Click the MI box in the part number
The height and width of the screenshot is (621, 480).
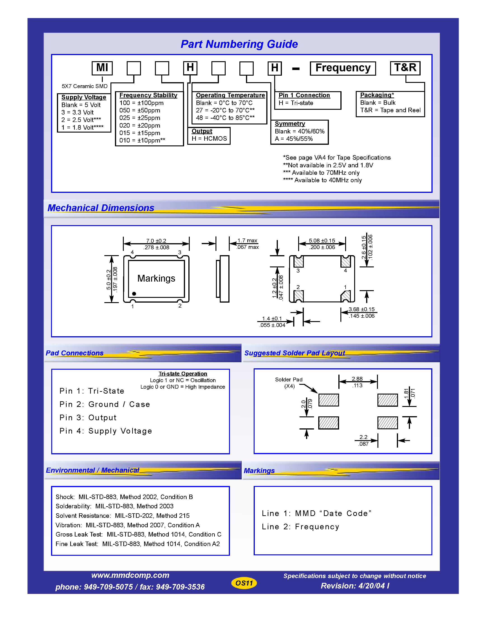point(102,68)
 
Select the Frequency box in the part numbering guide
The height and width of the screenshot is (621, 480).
point(343,68)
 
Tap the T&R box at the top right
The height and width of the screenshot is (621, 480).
point(405,68)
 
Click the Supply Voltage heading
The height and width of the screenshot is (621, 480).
point(84,97)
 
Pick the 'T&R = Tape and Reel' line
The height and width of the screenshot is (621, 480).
point(390,110)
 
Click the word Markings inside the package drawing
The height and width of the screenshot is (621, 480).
point(156,278)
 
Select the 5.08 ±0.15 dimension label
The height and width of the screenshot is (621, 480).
point(322,240)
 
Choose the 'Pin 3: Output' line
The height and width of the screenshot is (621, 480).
point(88,418)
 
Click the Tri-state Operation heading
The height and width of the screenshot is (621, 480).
point(183,374)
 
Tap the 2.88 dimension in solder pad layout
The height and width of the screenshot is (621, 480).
point(357,379)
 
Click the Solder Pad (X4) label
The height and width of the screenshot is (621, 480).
point(289,383)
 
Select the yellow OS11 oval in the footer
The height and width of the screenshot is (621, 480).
point(244,583)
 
